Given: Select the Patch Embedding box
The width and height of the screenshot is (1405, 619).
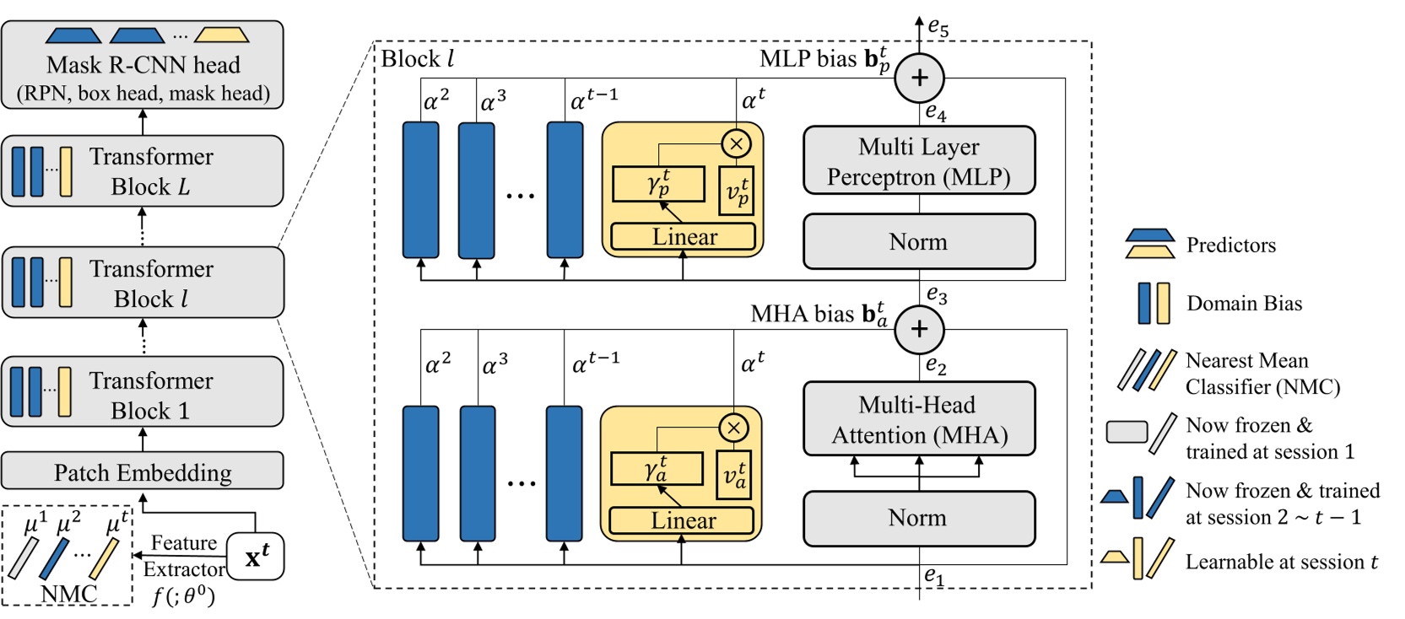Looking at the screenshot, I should click(142, 471).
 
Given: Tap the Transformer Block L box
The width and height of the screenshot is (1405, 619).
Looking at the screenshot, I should click(142, 171).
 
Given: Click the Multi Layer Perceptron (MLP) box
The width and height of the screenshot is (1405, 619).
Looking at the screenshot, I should click(918, 161).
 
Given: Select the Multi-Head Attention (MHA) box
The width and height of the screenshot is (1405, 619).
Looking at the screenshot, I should click(919, 419).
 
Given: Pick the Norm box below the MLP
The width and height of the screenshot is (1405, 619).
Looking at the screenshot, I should click(918, 242).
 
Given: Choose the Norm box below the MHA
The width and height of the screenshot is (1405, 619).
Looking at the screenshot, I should click(918, 518).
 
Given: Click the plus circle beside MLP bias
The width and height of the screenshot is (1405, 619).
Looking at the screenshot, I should click(919, 78).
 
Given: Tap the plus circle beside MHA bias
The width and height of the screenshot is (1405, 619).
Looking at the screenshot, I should click(919, 329).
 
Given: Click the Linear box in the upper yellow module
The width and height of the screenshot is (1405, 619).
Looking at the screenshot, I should click(684, 237).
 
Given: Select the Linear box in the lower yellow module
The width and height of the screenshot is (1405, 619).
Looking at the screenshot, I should click(682, 520).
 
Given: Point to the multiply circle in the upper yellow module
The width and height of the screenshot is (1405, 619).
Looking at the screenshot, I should click(737, 143).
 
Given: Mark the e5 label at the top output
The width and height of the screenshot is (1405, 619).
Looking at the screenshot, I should click(938, 28).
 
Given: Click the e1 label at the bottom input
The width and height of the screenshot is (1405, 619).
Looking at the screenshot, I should click(934, 576).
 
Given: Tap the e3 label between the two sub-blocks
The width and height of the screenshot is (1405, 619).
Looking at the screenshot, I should click(937, 294).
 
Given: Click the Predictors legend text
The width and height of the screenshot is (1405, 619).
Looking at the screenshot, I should click(1230, 245).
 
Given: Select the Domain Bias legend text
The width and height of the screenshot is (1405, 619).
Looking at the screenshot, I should click(1244, 304).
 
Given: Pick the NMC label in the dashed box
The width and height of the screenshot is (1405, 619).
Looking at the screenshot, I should click(69, 594).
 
